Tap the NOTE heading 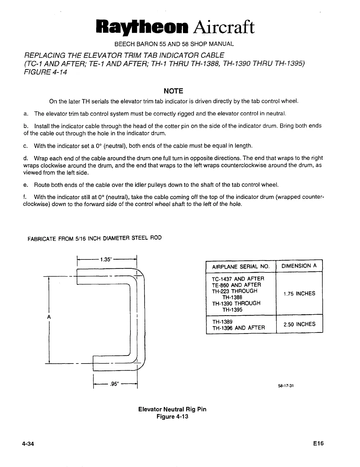click(174, 91)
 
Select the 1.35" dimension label click(106, 260)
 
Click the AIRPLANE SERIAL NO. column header click(240, 267)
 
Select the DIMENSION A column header click(299, 266)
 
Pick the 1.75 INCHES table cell click(299, 294)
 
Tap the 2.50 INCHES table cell click(299, 324)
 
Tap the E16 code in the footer click(319, 443)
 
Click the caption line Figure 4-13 click(172, 417)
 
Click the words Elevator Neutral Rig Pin click(172, 410)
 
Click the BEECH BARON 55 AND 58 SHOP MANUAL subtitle click(174, 44)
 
